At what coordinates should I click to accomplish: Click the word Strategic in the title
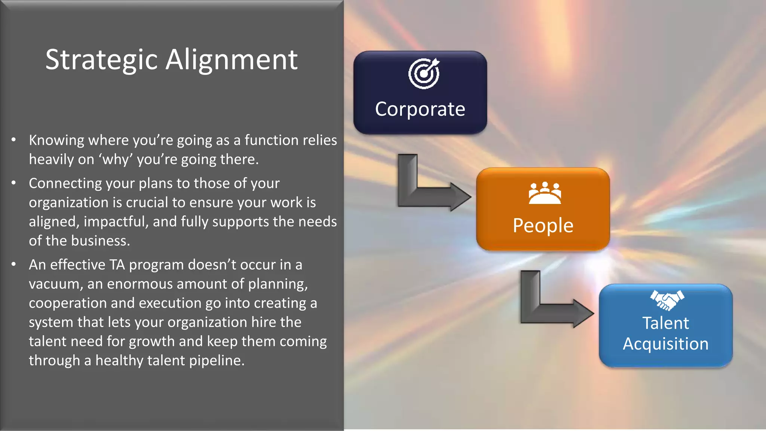pos(101,60)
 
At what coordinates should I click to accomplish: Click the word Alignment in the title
pos(232,60)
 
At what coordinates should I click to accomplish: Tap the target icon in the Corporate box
pos(424,73)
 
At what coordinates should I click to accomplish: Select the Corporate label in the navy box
pos(420,109)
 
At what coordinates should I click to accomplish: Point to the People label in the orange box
pos(543,226)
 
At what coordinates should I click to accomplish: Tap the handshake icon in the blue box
pos(667,300)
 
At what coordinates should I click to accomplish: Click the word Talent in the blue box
pos(665,323)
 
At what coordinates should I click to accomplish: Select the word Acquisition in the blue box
pos(665,344)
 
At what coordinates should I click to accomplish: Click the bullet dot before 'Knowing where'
pos(14,140)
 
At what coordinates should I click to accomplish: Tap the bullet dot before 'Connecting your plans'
pos(14,183)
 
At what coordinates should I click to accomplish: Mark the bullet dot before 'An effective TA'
pos(14,264)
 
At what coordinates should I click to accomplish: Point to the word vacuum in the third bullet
pos(55,284)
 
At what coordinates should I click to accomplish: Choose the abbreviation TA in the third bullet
pos(117,265)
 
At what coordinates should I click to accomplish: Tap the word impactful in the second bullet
pos(116,222)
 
